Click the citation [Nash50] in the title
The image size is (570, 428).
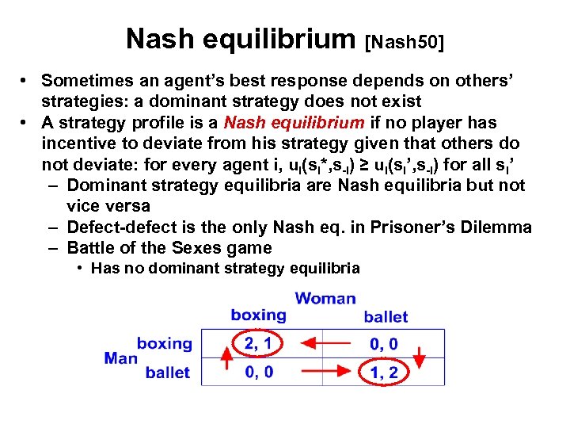[404, 40]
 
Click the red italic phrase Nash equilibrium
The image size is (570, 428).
[294, 123]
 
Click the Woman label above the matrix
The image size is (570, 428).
[325, 299]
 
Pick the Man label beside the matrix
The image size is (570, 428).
[120, 358]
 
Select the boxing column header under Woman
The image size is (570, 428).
[258, 315]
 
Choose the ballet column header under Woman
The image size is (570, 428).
[386, 317]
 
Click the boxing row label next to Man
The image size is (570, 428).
[164, 344]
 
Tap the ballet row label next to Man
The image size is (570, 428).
[167, 373]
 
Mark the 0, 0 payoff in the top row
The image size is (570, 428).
[384, 344]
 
